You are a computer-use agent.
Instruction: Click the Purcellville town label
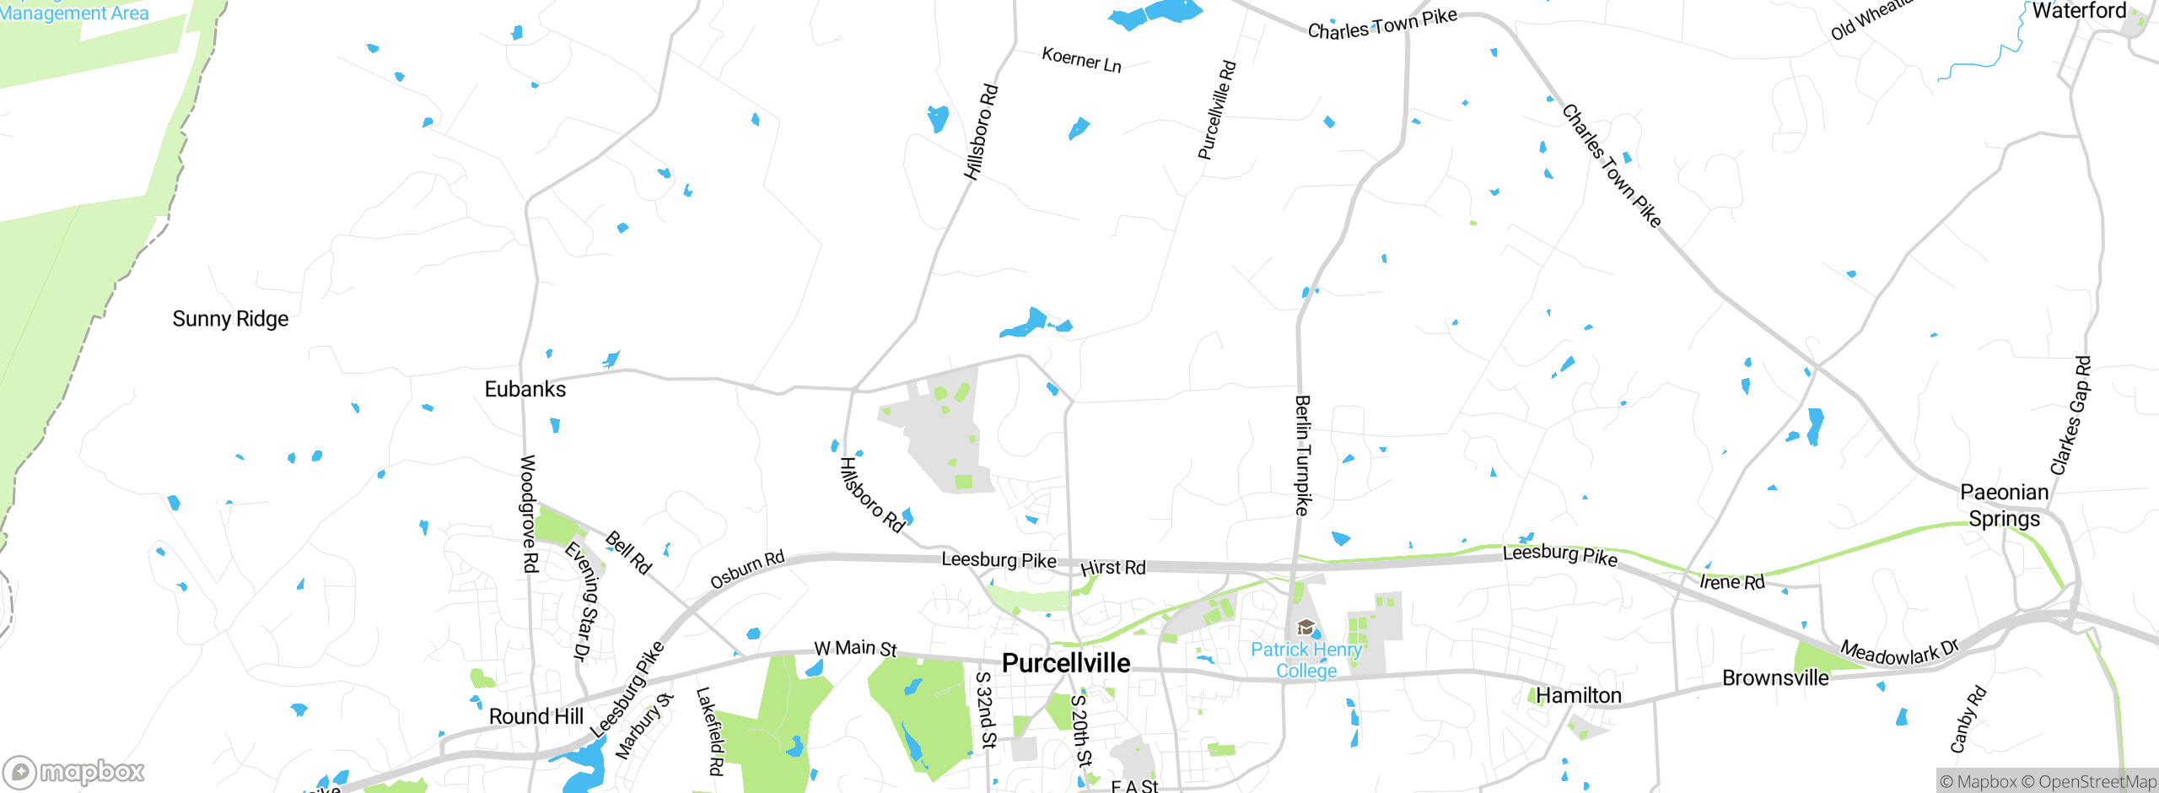[x=1066, y=663]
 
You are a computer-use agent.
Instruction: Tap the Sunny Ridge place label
[x=230, y=319]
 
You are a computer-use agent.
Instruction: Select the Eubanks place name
[x=525, y=389]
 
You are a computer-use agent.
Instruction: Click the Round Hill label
[x=536, y=716]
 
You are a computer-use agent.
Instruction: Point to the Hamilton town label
[x=1578, y=695]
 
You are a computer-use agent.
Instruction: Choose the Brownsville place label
[x=1775, y=678]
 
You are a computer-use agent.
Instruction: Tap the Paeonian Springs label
[x=2004, y=505]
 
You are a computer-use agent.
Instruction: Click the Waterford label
[x=2079, y=11]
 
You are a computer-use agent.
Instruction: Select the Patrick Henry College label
[x=1306, y=660]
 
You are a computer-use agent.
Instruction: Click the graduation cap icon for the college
[x=1306, y=627]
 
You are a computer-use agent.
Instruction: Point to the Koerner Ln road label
[x=1081, y=60]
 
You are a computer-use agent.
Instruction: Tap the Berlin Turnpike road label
[x=1303, y=456]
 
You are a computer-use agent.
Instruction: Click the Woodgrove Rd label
[x=528, y=514]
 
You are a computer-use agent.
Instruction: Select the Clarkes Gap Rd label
[x=2070, y=415]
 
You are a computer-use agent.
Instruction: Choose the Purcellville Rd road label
[x=1217, y=110]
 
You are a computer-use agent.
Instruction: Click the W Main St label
[x=855, y=649]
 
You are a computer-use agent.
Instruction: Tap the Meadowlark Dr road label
[x=1899, y=652]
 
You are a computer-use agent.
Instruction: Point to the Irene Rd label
[x=1731, y=582]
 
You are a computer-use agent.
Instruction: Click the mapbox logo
[x=74, y=771]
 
